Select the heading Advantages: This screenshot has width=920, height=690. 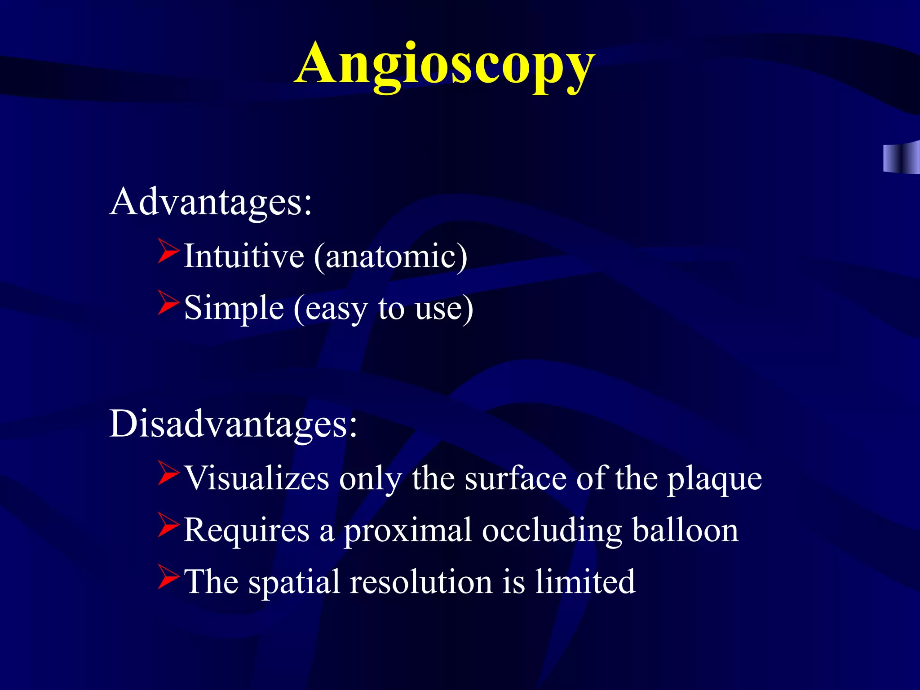coord(210,202)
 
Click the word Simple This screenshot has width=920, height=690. coord(234,308)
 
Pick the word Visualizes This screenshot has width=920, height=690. coord(257,478)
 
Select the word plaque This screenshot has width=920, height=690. coord(714,480)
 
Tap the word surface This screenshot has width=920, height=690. coord(515,478)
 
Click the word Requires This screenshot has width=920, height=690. coord(247,530)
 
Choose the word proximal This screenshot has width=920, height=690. coord(408,531)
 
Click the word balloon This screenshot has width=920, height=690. coord(685,530)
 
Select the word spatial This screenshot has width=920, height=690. coord(294,582)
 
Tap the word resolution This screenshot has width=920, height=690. coord(421,581)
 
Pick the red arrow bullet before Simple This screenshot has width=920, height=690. coord(168,303)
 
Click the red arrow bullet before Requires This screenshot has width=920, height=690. coord(168,526)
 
